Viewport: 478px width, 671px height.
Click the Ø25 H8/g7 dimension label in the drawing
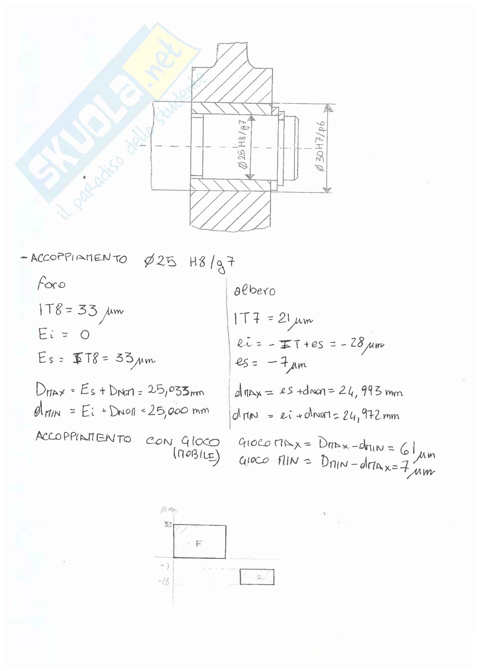244,144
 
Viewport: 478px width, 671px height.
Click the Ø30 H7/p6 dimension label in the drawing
320,146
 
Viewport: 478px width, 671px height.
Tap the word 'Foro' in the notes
51,283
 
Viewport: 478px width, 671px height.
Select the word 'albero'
255,290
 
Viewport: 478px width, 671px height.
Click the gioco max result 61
407,449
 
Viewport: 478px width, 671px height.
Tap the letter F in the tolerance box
199,543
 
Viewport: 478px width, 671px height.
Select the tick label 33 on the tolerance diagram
168,524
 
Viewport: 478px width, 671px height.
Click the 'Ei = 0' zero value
85,335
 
